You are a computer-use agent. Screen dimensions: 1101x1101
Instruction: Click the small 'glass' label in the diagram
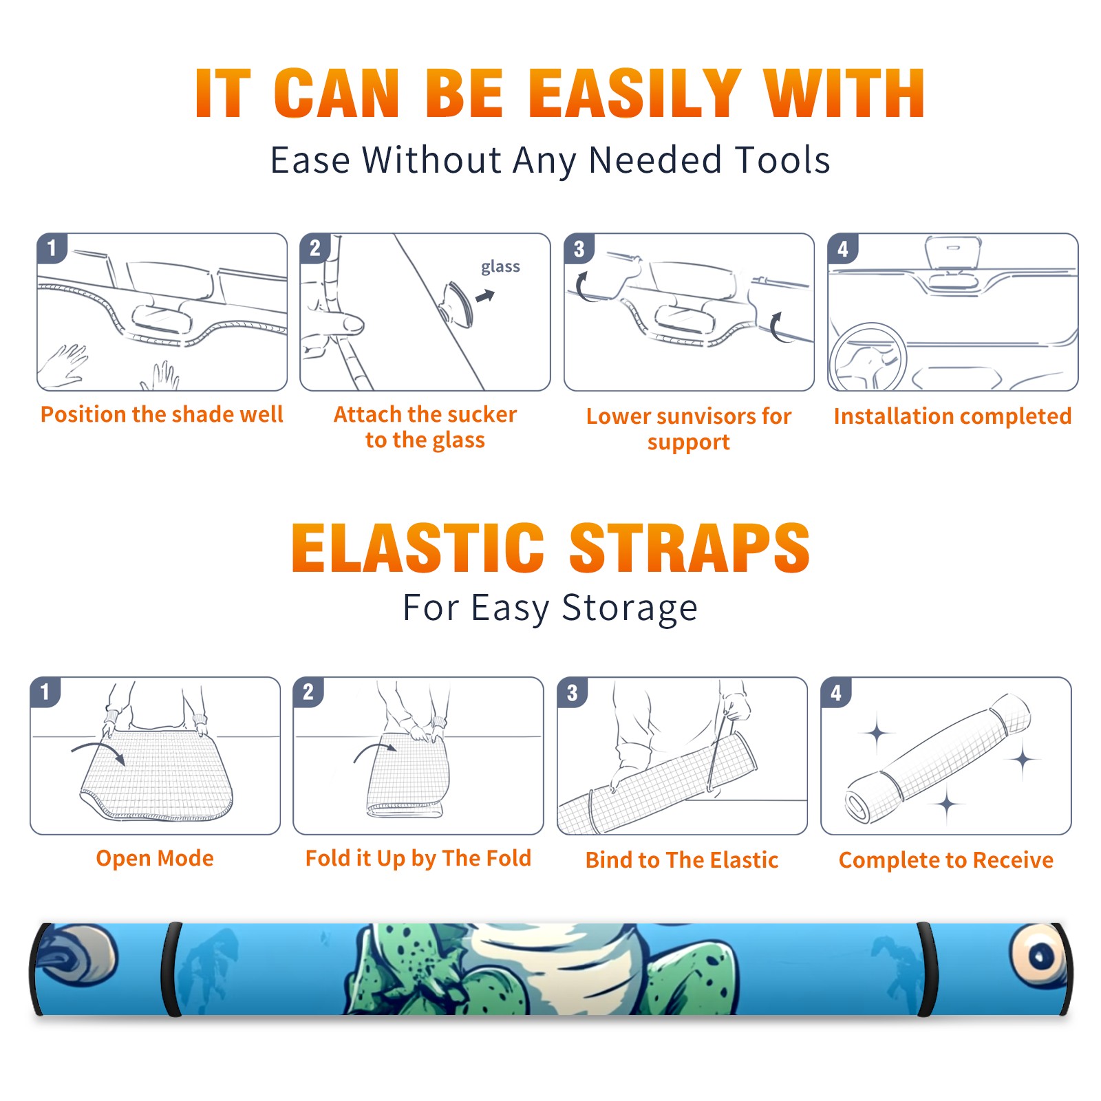tap(500, 266)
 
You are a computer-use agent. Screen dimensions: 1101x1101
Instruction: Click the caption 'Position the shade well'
tap(162, 414)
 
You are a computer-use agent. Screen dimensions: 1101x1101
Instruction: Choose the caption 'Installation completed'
tap(952, 416)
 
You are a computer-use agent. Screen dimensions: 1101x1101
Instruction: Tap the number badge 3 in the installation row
tap(579, 248)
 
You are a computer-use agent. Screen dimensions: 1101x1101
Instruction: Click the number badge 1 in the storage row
tap(45, 692)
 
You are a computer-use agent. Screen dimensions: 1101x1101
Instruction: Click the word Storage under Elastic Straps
tap(630, 608)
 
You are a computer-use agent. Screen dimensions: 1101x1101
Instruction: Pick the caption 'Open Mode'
tap(155, 858)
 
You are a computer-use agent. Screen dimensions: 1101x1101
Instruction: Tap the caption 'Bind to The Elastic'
tap(682, 860)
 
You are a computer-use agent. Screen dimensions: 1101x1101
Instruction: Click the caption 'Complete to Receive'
tap(946, 860)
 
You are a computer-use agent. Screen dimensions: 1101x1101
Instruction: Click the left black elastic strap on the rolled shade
tap(171, 969)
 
